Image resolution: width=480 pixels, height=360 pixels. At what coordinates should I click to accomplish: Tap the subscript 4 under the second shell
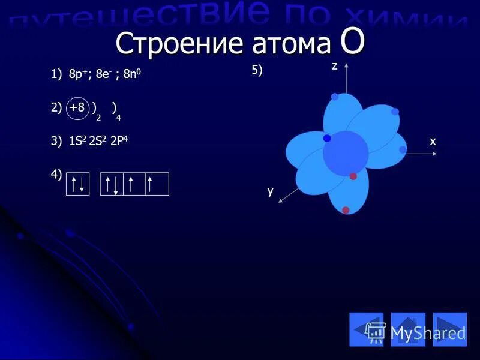click(118, 117)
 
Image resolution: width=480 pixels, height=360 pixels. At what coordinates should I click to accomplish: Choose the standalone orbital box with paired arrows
click(77, 184)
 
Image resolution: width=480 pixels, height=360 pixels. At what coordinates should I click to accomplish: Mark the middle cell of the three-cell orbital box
click(134, 184)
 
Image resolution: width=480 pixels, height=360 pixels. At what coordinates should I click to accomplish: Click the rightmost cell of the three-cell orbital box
click(157, 184)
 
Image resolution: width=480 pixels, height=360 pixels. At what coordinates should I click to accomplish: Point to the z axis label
click(335, 67)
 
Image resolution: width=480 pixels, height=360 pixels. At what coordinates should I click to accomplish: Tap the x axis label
click(432, 141)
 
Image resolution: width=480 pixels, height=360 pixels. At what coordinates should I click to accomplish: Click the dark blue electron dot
click(327, 139)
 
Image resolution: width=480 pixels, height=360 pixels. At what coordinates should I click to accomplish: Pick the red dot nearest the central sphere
click(353, 176)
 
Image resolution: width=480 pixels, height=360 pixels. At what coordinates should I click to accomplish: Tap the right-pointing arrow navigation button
click(449, 329)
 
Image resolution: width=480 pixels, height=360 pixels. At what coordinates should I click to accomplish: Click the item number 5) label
click(257, 71)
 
